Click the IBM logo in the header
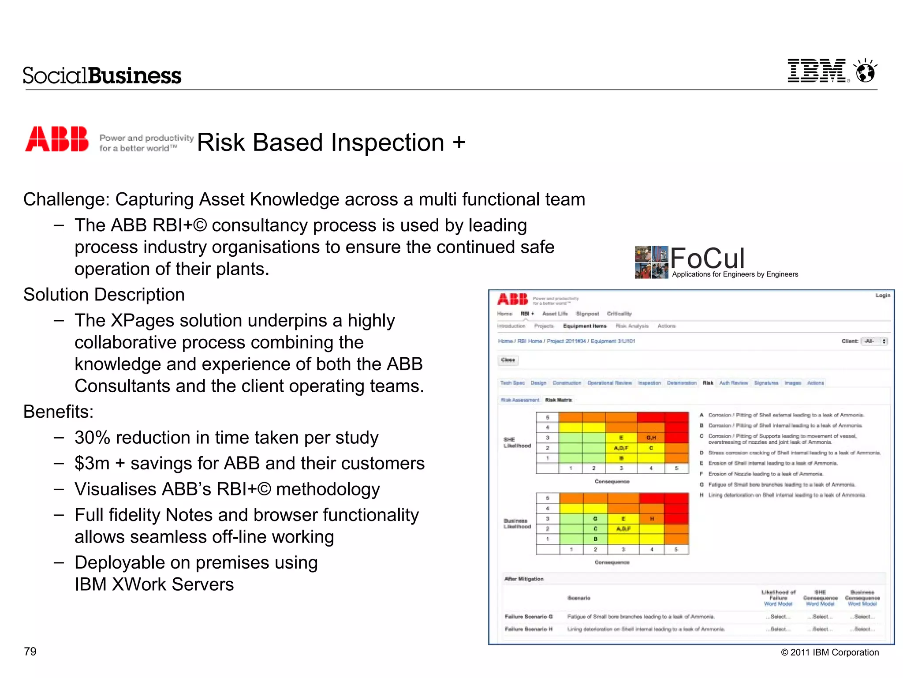click(x=817, y=71)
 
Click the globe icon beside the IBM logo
click(x=865, y=71)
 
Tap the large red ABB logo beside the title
click(x=57, y=139)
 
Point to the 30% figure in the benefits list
click(x=92, y=438)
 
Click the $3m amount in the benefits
click(x=92, y=464)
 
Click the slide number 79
click(x=30, y=652)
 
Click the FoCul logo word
click(x=708, y=258)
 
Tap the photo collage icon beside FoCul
click(x=651, y=262)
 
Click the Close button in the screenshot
click(x=508, y=360)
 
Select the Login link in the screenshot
click(x=882, y=296)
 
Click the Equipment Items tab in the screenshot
click(x=585, y=326)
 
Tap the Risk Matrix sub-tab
click(x=558, y=400)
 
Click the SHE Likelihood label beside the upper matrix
click(x=517, y=442)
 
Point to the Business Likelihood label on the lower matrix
click(x=517, y=524)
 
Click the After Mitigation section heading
click(x=524, y=579)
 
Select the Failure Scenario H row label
click(x=528, y=629)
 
